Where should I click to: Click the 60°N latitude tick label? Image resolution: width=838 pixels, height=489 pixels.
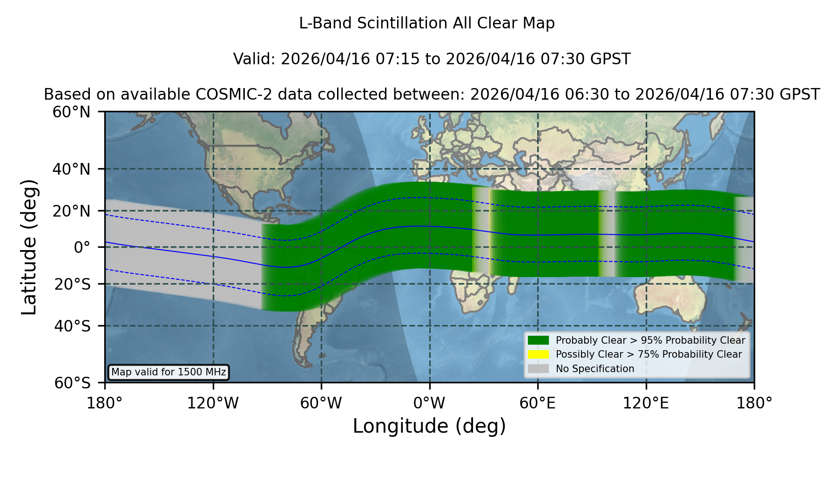tap(71, 112)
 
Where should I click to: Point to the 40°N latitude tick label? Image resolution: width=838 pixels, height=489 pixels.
tap(71, 169)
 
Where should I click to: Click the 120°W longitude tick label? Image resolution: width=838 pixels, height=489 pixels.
tap(213, 403)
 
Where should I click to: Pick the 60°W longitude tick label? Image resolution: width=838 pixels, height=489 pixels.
tap(321, 403)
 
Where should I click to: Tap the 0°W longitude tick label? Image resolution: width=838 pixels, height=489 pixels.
tap(429, 403)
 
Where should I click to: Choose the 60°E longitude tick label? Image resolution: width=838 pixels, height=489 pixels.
tap(538, 403)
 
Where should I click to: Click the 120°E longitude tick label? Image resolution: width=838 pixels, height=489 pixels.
tap(646, 403)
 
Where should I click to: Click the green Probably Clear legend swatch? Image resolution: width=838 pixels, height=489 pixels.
tap(539, 340)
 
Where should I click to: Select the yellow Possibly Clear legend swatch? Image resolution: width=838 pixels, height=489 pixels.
tap(539, 354)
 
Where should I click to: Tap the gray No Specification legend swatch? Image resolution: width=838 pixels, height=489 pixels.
tap(539, 369)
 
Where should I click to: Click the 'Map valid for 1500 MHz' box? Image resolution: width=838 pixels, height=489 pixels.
tap(169, 372)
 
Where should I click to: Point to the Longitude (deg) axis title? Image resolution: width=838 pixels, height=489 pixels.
tap(429, 426)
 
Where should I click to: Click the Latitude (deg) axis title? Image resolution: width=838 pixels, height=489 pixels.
tap(29, 247)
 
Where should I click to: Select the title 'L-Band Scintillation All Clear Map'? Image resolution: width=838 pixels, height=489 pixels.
tap(427, 23)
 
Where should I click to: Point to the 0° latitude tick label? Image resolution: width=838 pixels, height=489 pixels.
tap(82, 247)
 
